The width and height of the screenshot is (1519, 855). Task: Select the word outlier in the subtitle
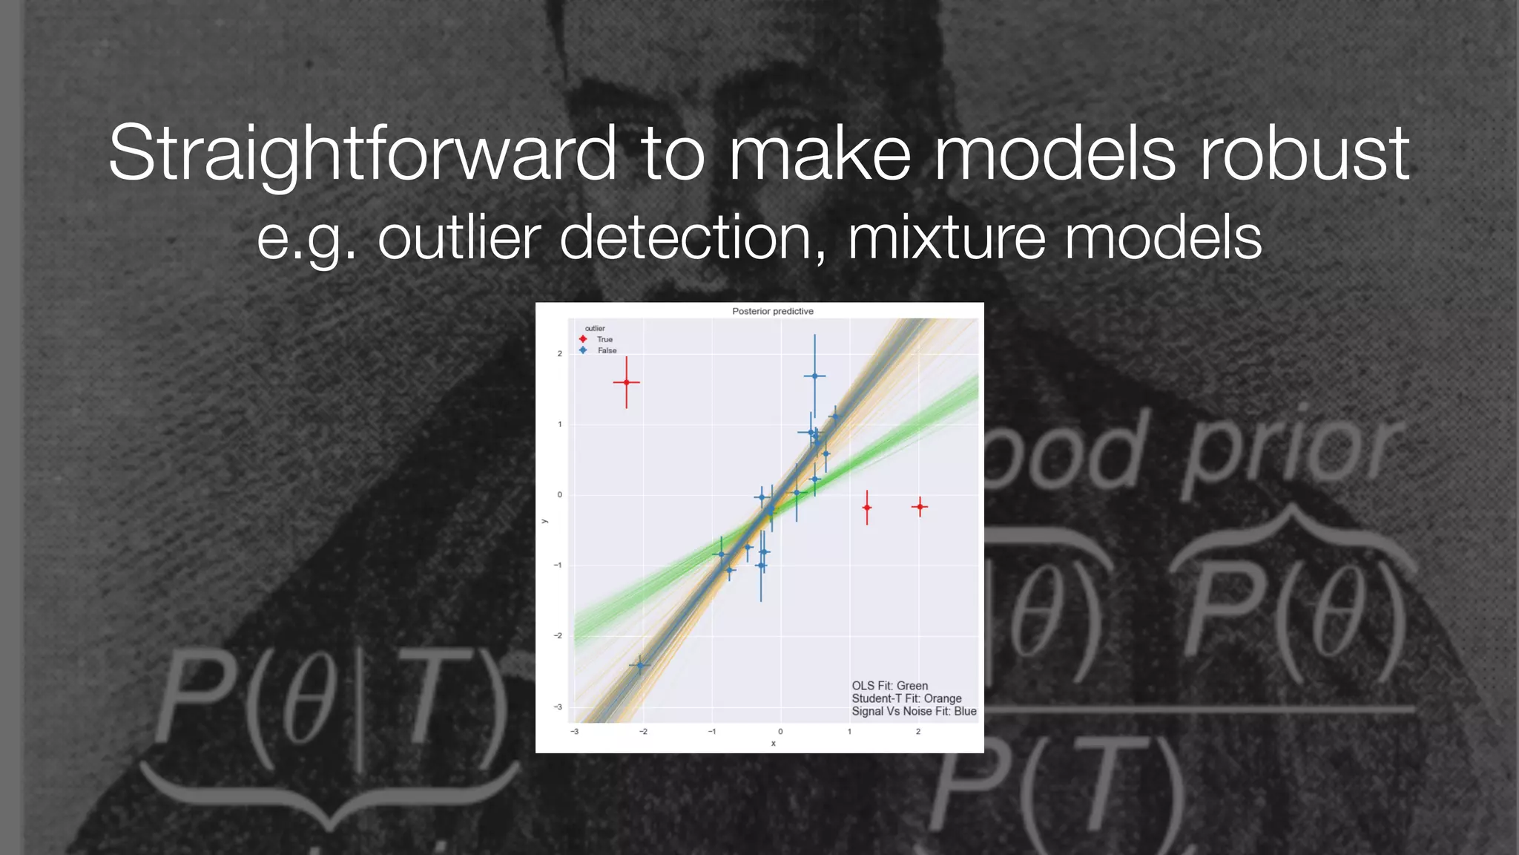coord(459,237)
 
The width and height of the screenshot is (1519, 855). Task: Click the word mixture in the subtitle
coord(946,237)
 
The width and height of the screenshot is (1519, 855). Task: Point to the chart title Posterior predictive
coord(772,311)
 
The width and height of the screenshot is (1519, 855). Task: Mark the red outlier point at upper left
coord(627,382)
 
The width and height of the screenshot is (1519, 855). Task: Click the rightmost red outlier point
coord(920,507)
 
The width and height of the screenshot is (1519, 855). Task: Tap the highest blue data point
coord(814,376)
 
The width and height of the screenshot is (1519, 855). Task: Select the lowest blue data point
coord(640,665)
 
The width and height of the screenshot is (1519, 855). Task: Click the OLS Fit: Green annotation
coord(889,686)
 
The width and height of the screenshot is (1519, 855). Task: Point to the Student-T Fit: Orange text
coord(906,698)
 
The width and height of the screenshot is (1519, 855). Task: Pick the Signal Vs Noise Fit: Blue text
coord(914,711)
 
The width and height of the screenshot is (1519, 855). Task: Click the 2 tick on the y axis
coord(560,354)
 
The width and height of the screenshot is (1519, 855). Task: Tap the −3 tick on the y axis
coord(558,707)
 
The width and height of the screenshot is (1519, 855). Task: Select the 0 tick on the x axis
coord(780,732)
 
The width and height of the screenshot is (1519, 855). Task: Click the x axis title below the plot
coord(773,743)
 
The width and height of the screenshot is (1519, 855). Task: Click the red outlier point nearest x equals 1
coord(867,508)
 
